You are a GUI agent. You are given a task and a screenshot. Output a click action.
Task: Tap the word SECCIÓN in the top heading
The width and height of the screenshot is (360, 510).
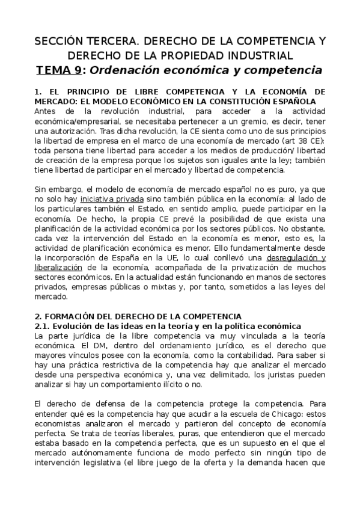click(x=56, y=41)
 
